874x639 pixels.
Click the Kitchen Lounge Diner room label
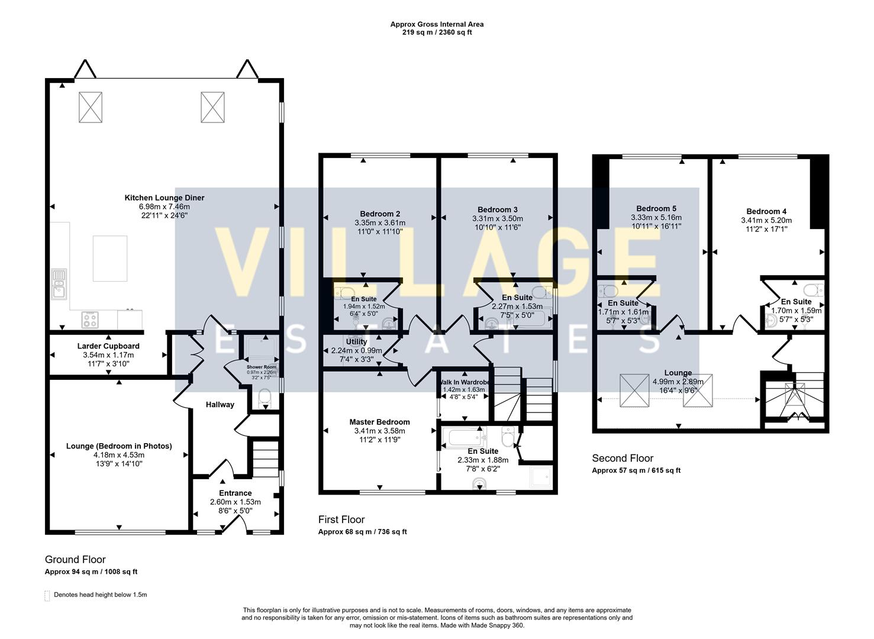tap(164, 198)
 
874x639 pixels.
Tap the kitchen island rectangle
tap(109, 259)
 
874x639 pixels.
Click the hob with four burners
tap(90, 319)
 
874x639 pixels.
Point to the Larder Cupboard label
tap(108, 346)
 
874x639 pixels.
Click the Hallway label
tap(220, 405)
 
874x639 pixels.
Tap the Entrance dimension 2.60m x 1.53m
tap(235, 502)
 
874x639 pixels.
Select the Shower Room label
tap(261, 367)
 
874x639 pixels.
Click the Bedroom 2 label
tap(380, 214)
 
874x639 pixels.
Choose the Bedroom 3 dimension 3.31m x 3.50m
tap(497, 218)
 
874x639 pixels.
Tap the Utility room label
tap(356, 341)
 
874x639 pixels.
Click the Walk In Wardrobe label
tap(464, 382)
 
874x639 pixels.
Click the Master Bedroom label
tap(379, 422)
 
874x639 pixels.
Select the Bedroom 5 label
tap(656, 208)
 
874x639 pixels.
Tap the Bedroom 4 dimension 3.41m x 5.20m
tap(766, 220)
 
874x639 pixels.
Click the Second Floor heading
tap(623, 458)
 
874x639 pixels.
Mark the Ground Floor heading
tap(75, 559)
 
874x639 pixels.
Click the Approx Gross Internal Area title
tap(437, 24)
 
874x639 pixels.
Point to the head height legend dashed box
tap(47, 595)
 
